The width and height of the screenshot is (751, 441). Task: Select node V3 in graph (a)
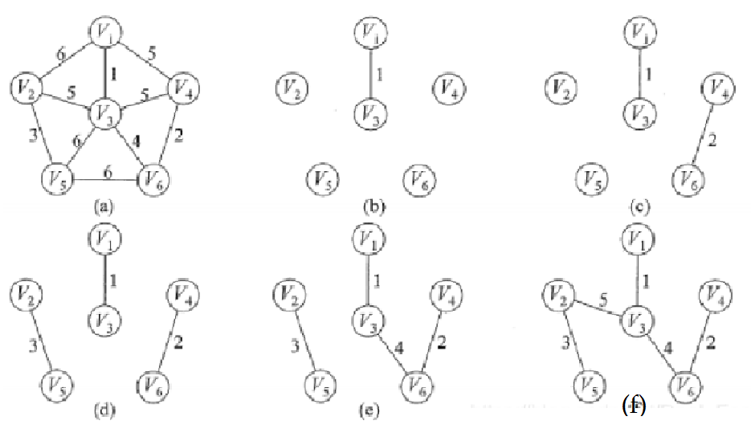105,110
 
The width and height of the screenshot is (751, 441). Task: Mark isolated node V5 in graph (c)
593,178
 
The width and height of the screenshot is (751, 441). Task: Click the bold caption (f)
635,406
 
